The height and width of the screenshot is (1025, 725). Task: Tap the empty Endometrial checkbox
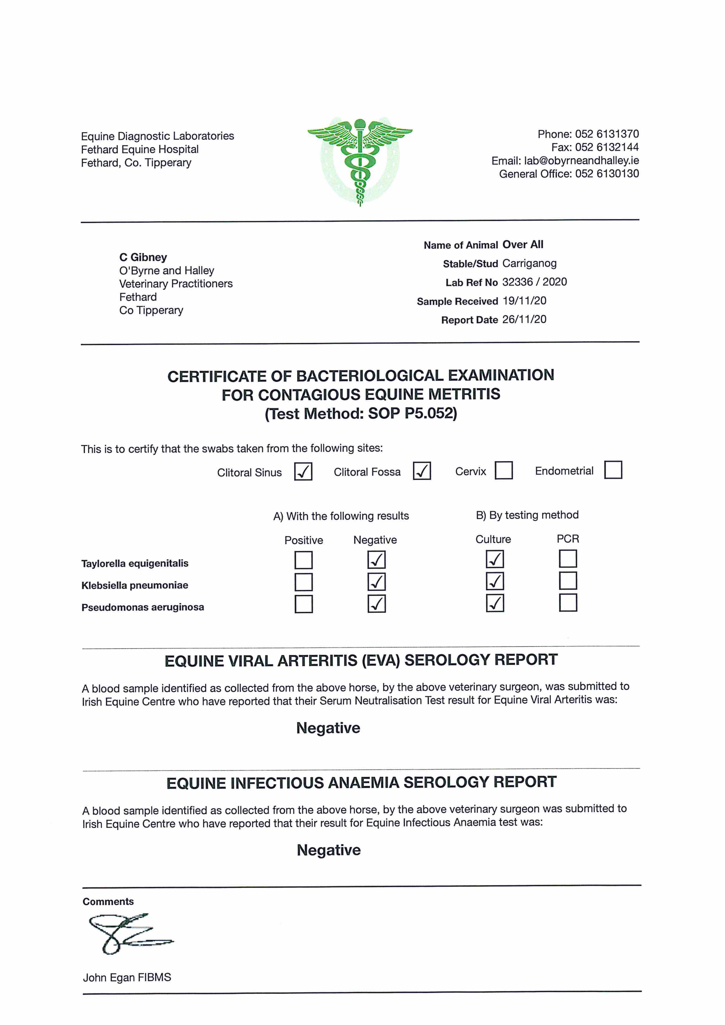coord(613,470)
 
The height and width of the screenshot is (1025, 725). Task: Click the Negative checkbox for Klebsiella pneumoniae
coord(377,582)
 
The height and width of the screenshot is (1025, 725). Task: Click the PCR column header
coord(568,539)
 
